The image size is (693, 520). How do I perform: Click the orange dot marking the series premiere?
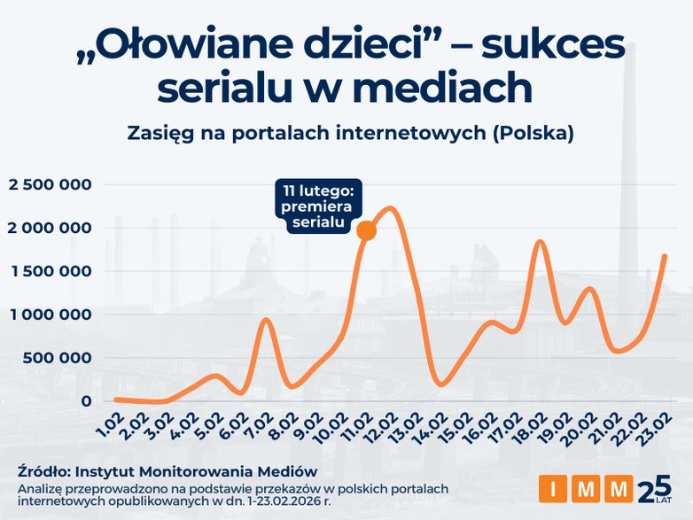(x=365, y=230)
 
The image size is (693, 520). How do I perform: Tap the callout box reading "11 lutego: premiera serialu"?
(x=319, y=206)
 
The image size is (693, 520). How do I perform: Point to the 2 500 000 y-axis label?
(x=51, y=184)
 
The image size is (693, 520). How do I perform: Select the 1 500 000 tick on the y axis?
(x=51, y=271)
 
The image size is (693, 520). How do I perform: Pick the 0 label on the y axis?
(x=85, y=401)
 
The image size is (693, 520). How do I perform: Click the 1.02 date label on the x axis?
(x=105, y=423)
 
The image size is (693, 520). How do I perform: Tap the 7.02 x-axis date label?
(x=254, y=423)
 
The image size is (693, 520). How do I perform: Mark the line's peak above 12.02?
(x=392, y=209)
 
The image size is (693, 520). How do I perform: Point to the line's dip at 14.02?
(x=440, y=384)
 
